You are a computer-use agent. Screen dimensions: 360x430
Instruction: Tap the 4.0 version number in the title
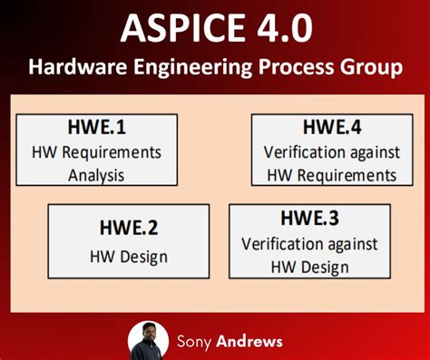click(x=279, y=29)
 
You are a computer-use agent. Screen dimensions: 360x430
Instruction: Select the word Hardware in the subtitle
click(x=73, y=68)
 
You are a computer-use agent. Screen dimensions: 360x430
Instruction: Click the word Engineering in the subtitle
click(x=184, y=68)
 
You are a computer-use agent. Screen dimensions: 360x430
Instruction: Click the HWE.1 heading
click(x=95, y=129)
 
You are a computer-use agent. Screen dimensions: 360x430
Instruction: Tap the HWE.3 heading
click(x=310, y=219)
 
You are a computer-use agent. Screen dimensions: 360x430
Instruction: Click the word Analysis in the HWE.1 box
click(x=95, y=174)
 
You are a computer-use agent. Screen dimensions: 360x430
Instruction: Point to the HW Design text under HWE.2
click(x=128, y=257)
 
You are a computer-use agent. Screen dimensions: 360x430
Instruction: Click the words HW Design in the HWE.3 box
click(x=309, y=267)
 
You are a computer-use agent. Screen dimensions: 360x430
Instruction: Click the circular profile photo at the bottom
click(x=149, y=341)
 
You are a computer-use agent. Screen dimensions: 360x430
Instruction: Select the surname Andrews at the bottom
click(x=249, y=342)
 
